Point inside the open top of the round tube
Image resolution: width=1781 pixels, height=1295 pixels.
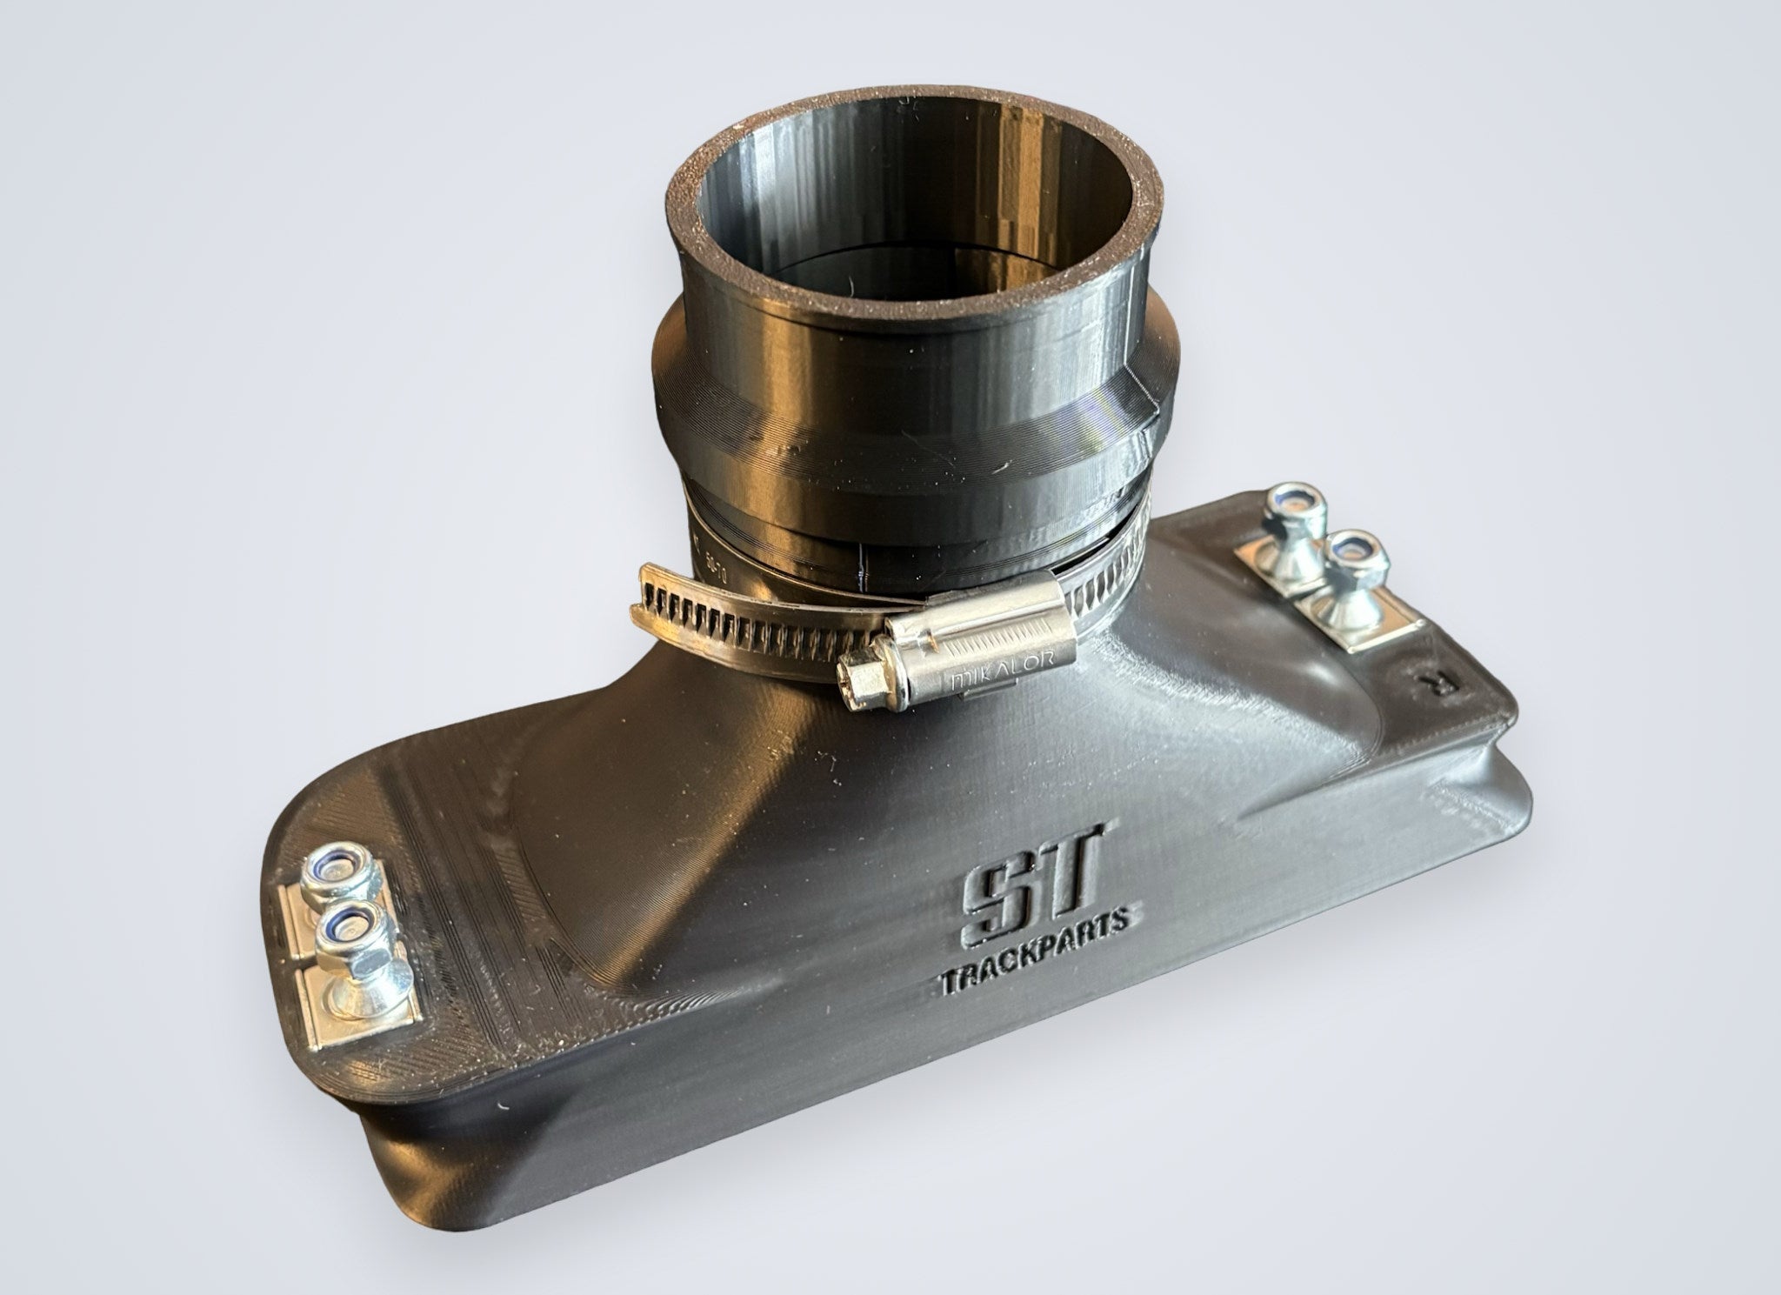(904, 226)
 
